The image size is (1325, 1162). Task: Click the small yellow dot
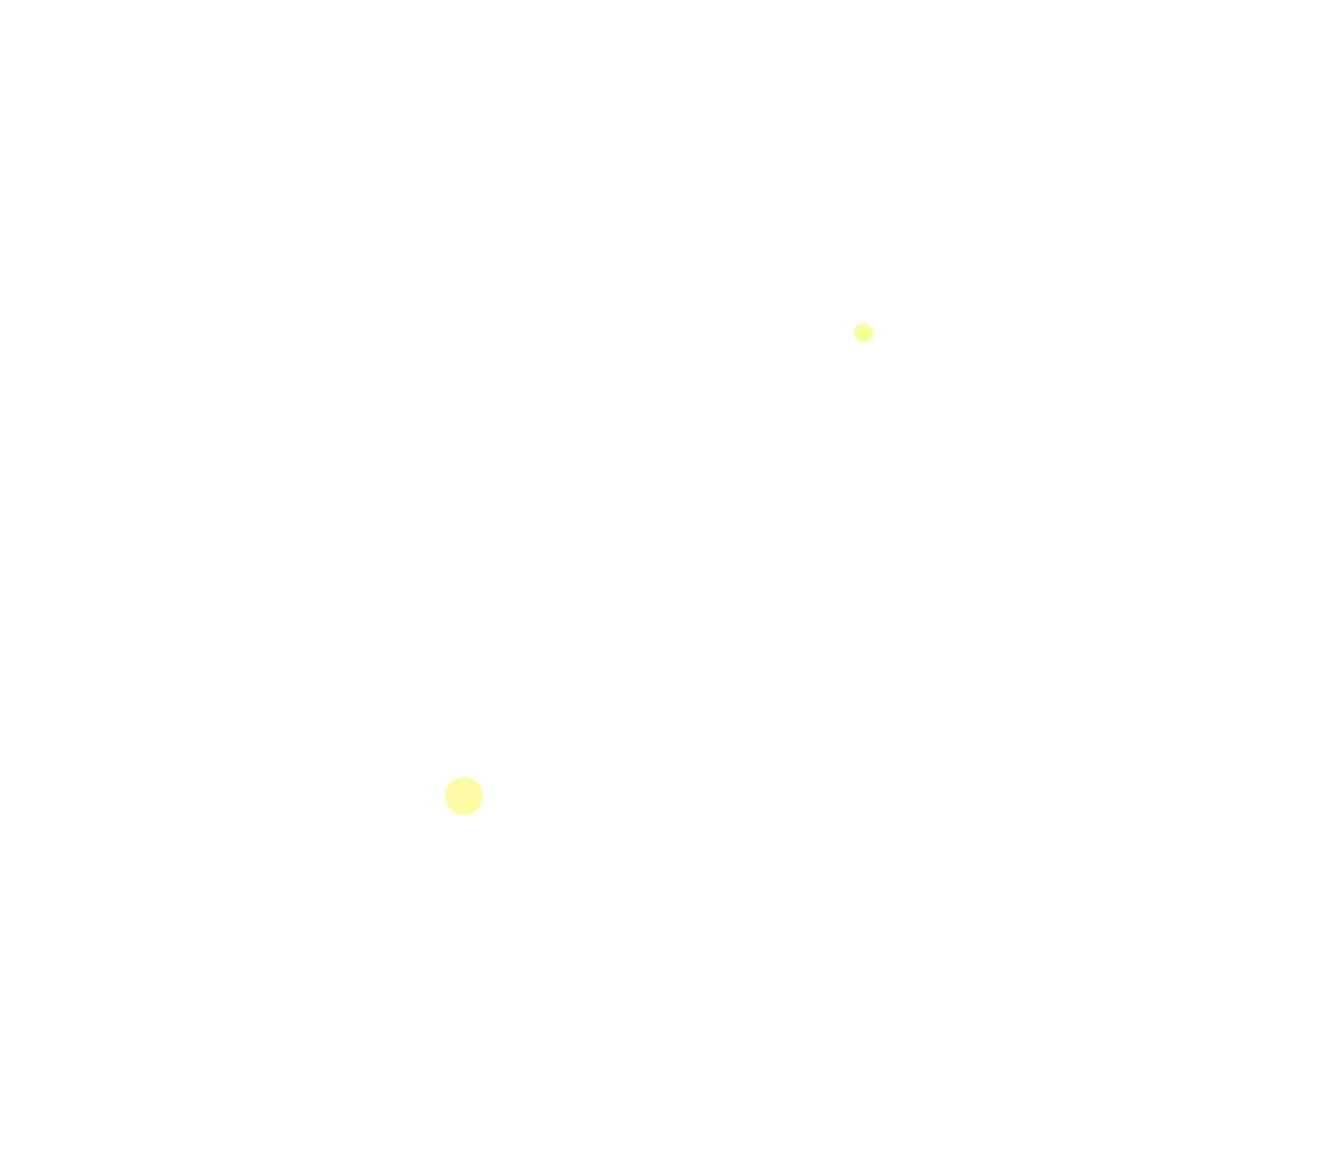click(x=863, y=333)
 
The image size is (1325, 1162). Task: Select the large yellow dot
click(x=464, y=796)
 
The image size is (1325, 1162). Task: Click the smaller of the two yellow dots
click(x=863, y=333)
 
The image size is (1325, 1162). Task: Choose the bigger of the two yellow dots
click(x=464, y=796)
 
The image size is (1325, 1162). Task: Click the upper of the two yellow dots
click(x=863, y=333)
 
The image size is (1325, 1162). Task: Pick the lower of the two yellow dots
click(x=464, y=796)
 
